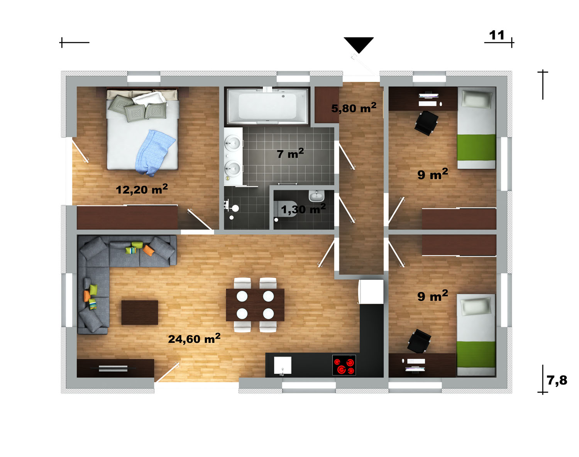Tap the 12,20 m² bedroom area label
(x=142, y=189)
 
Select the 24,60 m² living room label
(x=194, y=338)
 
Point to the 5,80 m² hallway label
(x=354, y=108)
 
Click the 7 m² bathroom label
(x=290, y=153)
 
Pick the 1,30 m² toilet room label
(x=303, y=209)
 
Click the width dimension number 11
(x=496, y=35)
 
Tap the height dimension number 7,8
(x=557, y=380)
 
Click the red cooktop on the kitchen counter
(x=344, y=365)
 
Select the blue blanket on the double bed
(x=154, y=153)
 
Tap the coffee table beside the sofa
(x=140, y=313)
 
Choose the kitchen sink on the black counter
(x=283, y=366)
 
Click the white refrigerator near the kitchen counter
(x=371, y=291)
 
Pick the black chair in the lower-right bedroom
(x=419, y=341)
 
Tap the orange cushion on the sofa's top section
(x=149, y=250)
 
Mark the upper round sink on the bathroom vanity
(x=232, y=143)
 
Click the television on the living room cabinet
(x=113, y=368)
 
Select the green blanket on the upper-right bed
(x=476, y=147)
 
